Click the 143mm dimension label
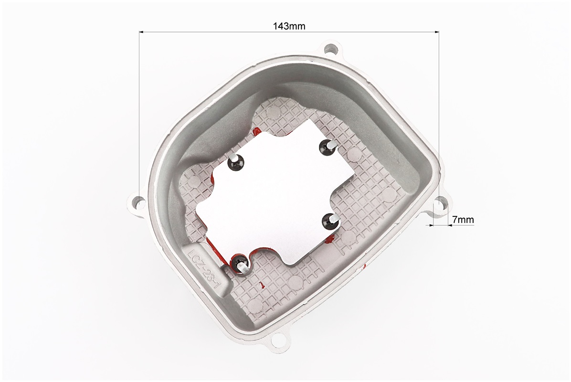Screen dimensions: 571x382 click(x=289, y=26)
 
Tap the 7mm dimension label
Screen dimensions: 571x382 click(x=463, y=220)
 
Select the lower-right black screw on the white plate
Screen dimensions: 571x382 click(x=329, y=220)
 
